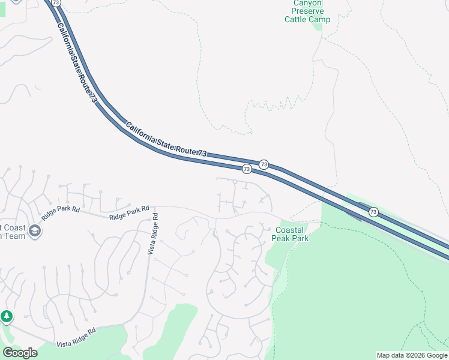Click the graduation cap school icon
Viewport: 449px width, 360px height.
(x=35, y=230)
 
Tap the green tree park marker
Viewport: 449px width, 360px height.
(x=6, y=316)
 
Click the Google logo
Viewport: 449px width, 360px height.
(x=20, y=353)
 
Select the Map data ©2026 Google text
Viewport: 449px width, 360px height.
(x=412, y=355)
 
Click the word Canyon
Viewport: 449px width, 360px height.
(x=307, y=3)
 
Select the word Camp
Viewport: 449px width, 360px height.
(x=319, y=20)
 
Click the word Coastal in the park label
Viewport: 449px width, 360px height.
(x=290, y=230)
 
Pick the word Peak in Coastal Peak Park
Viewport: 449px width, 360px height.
(x=281, y=238)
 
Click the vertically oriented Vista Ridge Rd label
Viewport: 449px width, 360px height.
(x=152, y=233)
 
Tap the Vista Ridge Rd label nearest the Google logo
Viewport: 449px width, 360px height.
(x=76, y=337)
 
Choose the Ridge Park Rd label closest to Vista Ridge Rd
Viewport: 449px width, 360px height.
(x=128, y=212)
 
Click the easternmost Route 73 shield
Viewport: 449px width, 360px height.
(x=373, y=212)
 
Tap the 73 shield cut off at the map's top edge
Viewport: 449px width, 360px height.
(x=56, y=2)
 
